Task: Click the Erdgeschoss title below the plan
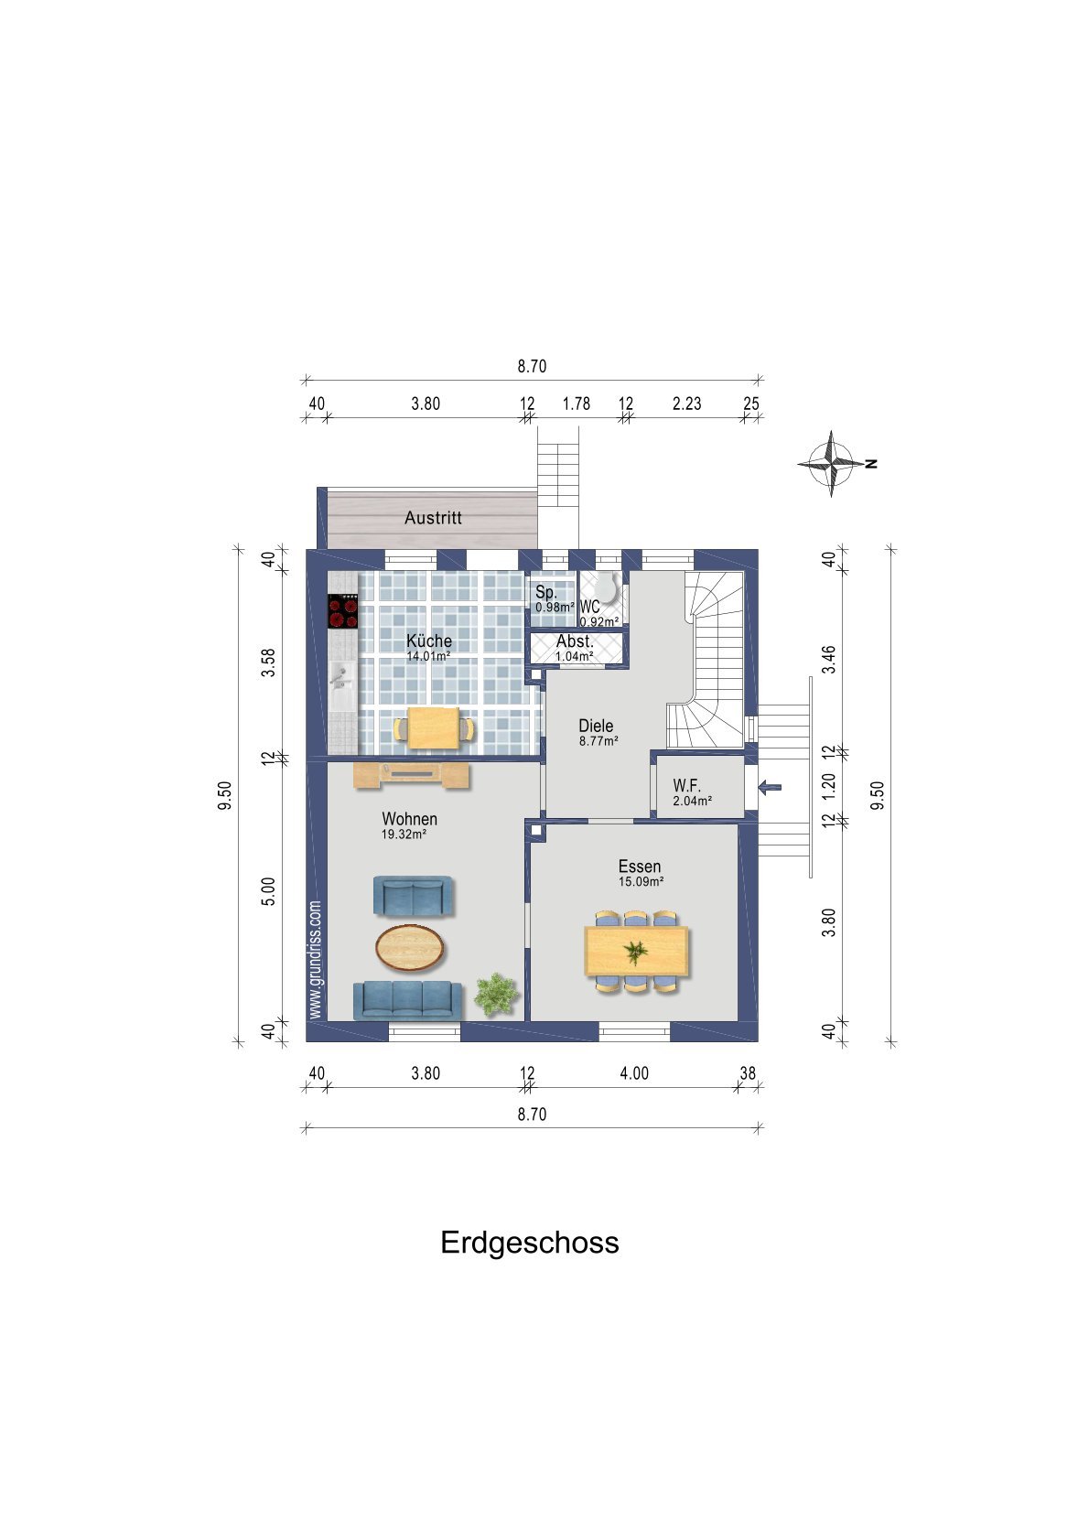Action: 529,1242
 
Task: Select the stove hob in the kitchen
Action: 343,610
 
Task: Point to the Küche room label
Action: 428,641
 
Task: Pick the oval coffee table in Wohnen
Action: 411,947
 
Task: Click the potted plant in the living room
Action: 496,994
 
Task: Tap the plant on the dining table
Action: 634,953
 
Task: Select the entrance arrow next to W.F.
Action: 770,787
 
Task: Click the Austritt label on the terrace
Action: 433,518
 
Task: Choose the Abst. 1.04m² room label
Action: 575,647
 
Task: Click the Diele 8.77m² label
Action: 597,732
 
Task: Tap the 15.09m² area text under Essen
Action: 641,882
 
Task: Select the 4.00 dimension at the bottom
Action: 633,1073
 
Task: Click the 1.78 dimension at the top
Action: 576,404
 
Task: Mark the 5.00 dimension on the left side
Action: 268,891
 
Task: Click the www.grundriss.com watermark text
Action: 315,960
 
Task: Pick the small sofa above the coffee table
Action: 413,896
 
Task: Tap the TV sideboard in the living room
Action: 412,775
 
